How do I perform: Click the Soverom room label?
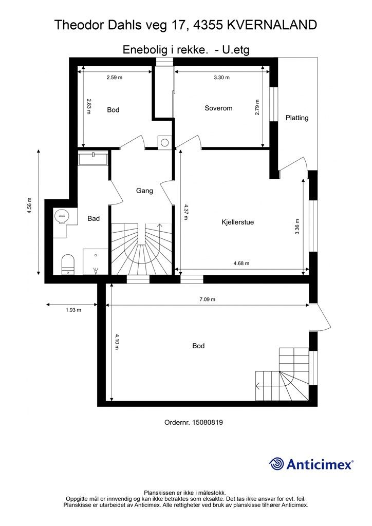[218, 108]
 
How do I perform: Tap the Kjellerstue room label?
[237, 222]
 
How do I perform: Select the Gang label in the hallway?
[144, 191]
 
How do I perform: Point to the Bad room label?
[94, 218]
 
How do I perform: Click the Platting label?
[297, 118]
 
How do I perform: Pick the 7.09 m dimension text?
[207, 299]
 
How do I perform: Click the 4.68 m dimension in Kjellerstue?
[241, 264]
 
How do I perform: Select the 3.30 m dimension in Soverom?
[222, 78]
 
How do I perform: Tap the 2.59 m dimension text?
[115, 78]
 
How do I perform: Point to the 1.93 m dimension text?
[73, 310]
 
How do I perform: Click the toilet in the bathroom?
[68, 264]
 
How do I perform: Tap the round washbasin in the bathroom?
[62, 216]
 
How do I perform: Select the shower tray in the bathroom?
[95, 261]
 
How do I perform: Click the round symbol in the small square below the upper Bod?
[165, 142]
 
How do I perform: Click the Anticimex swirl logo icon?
[276, 464]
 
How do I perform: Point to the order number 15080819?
[207, 422]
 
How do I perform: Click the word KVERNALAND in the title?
[272, 25]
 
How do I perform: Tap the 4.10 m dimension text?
[117, 342]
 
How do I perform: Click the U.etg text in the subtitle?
[236, 50]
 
